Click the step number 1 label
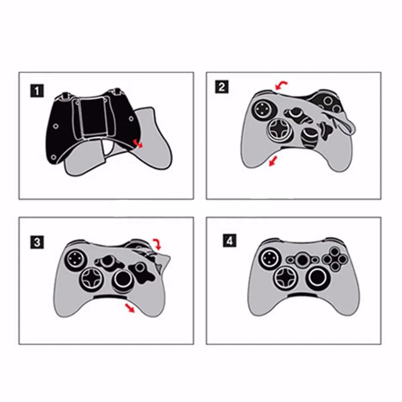[x=37, y=91]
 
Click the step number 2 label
[x=222, y=87]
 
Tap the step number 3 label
[x=37, y=242]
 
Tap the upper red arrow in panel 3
[x=156, y=242]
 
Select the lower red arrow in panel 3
[x=129, y=308]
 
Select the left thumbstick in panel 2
[x=262, y=107]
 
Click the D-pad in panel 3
[x=92, y=277]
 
